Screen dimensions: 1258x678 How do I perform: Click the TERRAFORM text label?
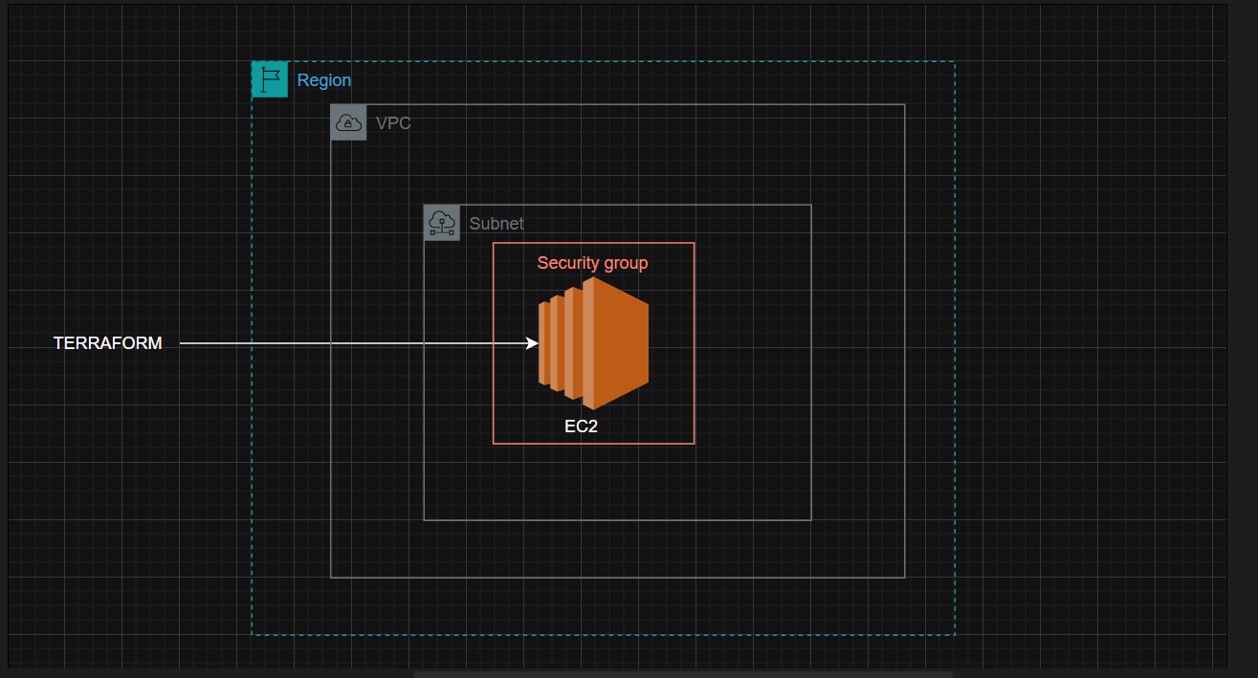point(107,343)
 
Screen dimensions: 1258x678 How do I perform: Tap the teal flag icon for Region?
point(270,79)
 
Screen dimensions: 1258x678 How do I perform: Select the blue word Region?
point(324,80)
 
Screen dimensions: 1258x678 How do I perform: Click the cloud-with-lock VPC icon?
point(348,122)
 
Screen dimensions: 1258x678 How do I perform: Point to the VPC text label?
point(393,123)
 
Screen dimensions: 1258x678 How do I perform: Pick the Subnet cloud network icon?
point(442,223)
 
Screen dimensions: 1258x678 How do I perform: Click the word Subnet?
point(497,224)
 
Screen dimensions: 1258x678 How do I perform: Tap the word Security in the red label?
point(568,263)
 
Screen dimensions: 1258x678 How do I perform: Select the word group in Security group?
point(626,264)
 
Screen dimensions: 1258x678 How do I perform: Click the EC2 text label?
point(581,426)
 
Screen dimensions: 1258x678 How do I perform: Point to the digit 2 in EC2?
point(592,426)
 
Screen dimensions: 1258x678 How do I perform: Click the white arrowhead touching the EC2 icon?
point(532,343)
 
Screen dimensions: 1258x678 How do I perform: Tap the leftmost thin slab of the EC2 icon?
point(543,343)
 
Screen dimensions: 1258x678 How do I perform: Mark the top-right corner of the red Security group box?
point(695,243)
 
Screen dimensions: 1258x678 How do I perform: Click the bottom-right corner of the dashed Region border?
point(955,635)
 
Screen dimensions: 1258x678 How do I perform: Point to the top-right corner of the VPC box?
point(905,104)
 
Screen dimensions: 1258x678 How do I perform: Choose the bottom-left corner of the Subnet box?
point(424,520)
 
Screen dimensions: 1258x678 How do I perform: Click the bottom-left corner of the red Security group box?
point(493,444)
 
